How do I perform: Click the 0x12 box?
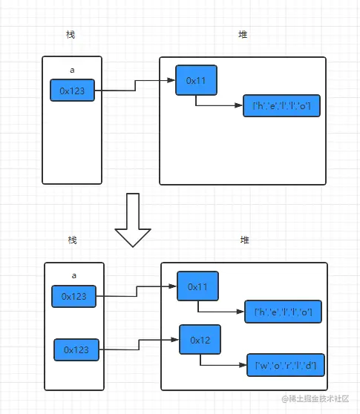point(200,340)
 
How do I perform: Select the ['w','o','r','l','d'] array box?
point(286,365)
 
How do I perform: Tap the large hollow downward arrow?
point(134,220)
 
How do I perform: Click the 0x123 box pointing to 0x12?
point(76,349)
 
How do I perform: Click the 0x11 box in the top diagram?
point(196,80)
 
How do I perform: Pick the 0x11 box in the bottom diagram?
point(198,286)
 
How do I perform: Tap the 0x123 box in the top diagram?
point(72,91)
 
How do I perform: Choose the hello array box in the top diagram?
point(281,107)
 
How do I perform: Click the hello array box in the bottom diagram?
point(283,313)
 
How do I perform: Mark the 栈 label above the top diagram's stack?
point(71,35)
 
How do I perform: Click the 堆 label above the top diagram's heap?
point(243,35)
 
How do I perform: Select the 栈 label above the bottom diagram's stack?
point(72,240)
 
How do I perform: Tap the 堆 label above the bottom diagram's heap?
point(244,240)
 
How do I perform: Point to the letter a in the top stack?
point(72,69)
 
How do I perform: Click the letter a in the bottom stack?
point(73,275)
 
